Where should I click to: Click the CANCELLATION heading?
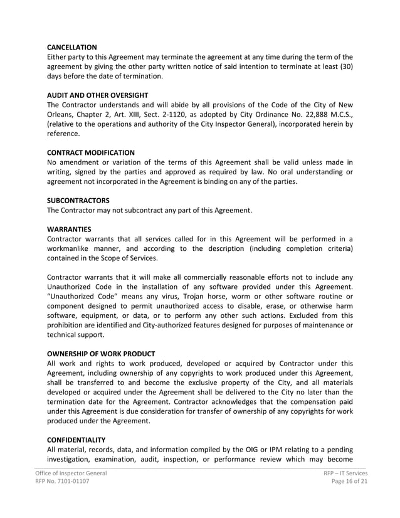(72, 47)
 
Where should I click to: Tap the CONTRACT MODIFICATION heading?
(91, 152)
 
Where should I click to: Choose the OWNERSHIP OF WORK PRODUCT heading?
(101, 354)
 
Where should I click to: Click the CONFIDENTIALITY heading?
(76, 440)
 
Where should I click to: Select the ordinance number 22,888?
(297, 114)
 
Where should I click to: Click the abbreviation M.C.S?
(337, 114)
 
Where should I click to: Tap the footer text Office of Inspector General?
(70, 473)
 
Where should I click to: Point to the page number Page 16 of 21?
(348, 482)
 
